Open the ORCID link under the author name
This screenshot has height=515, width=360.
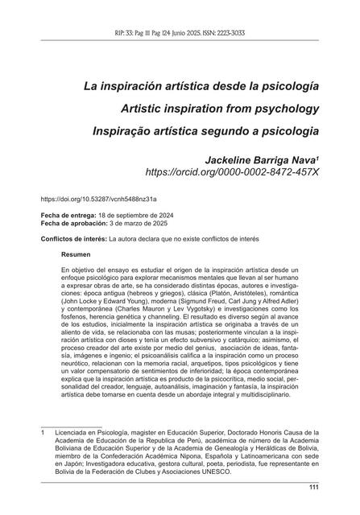(231, 173)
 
